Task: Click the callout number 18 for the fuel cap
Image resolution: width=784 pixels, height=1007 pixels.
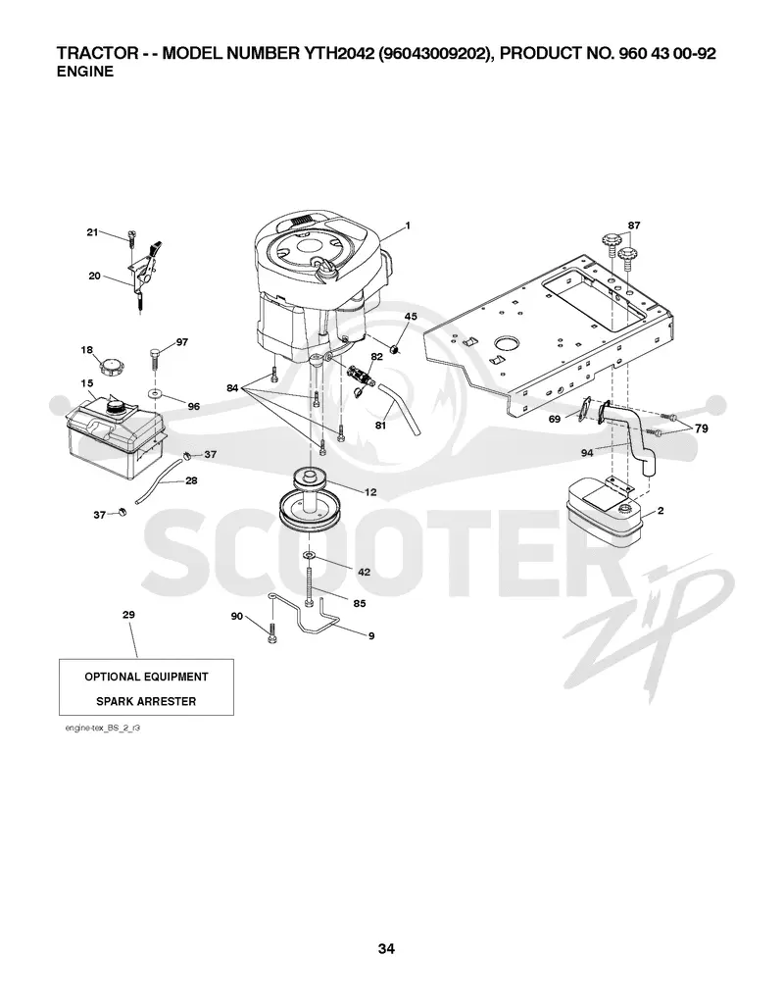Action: pos(86,350)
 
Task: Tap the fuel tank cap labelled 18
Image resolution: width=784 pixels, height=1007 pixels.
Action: pos(112,370)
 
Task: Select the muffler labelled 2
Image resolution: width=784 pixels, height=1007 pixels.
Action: pos(603,516)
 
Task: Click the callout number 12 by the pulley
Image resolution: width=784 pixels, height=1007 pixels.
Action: pos(370,492)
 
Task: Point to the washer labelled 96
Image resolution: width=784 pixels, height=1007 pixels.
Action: pos(154,392)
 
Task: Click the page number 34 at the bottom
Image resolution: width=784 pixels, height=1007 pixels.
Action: pos(386,948)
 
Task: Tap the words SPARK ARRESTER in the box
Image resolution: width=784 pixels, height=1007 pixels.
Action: pos(146,701)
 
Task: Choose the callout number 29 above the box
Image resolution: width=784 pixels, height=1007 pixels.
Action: pos(128,615)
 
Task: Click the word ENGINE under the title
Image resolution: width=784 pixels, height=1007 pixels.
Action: pos(85,72)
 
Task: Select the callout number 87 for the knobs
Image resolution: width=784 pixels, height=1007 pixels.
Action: pos(634,226)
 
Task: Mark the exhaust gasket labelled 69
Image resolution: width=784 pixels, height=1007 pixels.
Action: pos(584,410)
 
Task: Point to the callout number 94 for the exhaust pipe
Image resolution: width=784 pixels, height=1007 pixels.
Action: pos(587,453)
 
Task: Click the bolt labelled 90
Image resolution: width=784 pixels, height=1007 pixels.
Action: pos(271,631)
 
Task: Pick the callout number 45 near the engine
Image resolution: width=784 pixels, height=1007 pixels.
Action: pos(411,316)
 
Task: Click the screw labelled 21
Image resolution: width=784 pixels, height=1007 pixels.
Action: pos(132,240)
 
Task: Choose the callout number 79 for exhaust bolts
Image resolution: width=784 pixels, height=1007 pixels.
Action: pos(701,428)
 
